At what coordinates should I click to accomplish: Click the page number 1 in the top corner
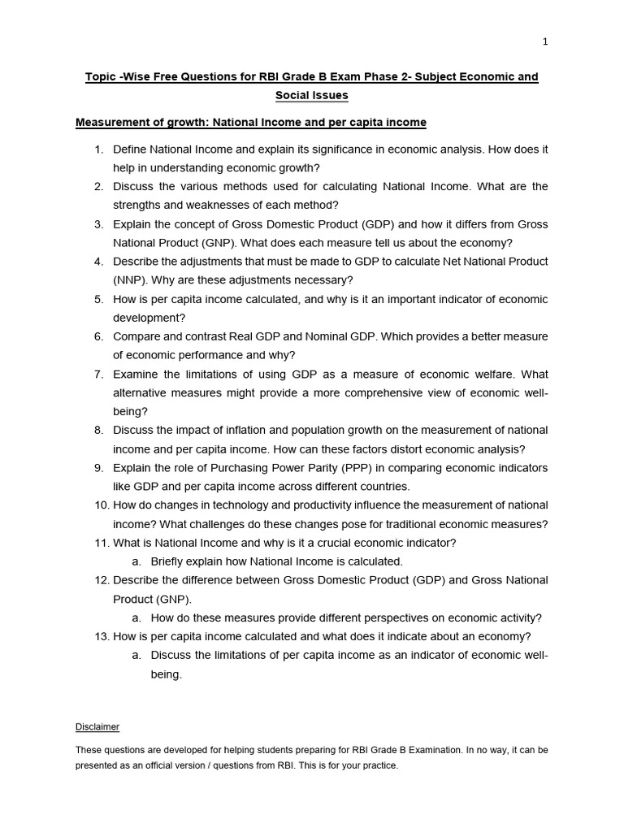click(545, 42)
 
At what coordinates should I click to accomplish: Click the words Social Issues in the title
click(311, 95)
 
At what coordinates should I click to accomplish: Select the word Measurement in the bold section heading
click(110, 123)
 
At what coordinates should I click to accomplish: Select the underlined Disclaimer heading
click(97, 726)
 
